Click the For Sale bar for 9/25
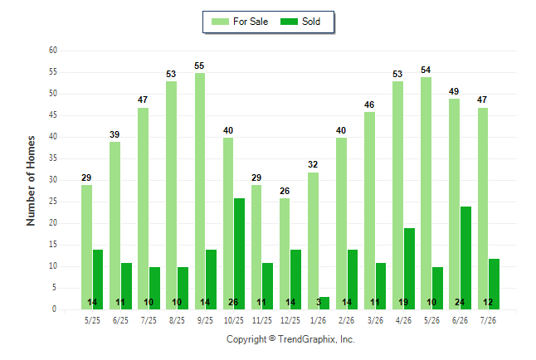[200, 191]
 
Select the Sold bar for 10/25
[239, 254]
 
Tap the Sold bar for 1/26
[324, 304]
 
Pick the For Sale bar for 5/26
[426, 193]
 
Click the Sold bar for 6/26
[465, 258]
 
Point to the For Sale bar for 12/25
[285, 254]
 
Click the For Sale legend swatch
[220, 22]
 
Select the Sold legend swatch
[290, 22]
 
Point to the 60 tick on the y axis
[53, 51]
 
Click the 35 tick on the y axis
[53, 158]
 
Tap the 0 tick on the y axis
[55, 309]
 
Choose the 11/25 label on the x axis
[262, 320]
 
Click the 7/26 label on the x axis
[488, 320]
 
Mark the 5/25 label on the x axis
[92, 320]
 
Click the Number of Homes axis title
[31, 181]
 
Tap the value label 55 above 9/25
[199, 66]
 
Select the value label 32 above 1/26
[313, 164]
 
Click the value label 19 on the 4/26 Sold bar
[403, 302]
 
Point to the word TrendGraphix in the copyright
[307, 339]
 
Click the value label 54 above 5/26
[426, 70]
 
